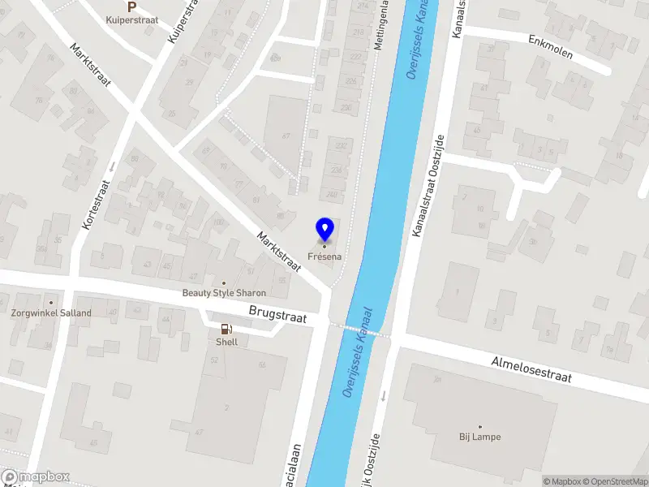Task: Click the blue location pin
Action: (x=324, y=230)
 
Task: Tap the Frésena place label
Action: (x=324, y=256)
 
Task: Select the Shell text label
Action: (x=226, y=342)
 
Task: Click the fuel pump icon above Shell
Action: (x=226, y=330)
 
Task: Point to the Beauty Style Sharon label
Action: (x=224, y=293)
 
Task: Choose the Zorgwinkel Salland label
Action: (x=50, y=312)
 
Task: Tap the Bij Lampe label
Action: (x=479, y=437)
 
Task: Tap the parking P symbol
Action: (x=131, y=6)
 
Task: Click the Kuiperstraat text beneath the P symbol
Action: (x=131, y=19)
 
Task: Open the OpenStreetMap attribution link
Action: (x=613, y=481)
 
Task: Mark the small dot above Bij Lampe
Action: (x=479, y=426)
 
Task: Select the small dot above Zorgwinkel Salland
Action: (x=50, y=303)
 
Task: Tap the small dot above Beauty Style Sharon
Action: (x=224, y=283)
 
